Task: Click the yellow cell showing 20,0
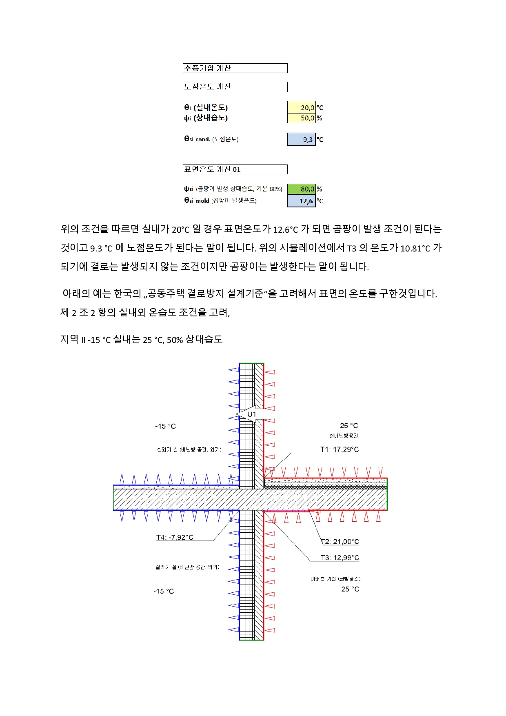301,107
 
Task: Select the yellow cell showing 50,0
301,118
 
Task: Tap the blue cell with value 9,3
301,139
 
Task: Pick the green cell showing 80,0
301,189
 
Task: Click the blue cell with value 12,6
301,201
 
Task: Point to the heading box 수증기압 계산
235,68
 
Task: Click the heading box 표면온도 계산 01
235,169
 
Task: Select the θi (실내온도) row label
206,107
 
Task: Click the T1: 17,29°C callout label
340,449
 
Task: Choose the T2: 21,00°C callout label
340,542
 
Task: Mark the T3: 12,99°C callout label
340,558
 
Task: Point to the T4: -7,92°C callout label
175,537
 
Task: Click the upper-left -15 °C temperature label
165,426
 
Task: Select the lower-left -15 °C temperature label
164,591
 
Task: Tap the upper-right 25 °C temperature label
349,426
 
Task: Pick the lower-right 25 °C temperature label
350,589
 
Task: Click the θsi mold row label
220,200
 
